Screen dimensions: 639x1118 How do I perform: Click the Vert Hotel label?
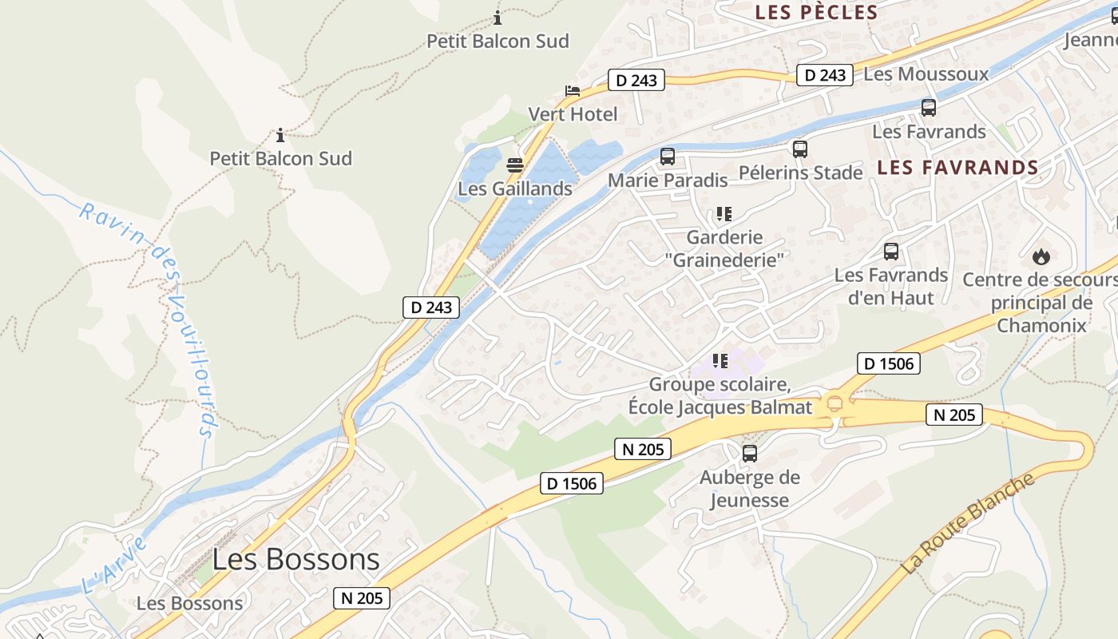[x=573, y=114]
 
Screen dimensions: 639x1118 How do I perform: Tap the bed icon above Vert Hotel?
[x=573, y=90]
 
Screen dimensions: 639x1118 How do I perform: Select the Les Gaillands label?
[x=515, y=189]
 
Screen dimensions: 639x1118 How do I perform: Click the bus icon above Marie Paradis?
[x=668, y=157]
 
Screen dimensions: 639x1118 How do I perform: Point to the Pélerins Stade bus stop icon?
[x=799, y=149]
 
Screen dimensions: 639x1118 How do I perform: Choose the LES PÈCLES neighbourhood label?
[x=816, y=13]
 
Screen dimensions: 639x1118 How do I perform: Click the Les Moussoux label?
[x=926, y=74]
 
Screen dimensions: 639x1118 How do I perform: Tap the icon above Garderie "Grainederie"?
[x=724, y=214]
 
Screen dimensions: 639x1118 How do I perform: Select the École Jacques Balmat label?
[x=720, y=407]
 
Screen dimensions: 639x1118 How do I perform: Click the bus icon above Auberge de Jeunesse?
[x=749, y=454]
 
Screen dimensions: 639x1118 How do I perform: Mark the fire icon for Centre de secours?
[x=1041, y=256]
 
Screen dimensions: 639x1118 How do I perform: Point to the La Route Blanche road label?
[x=968, y=523]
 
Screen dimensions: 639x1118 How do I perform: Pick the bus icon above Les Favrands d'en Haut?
[x=891, y=252]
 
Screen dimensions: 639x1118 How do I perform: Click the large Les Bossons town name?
[x=296, y=558]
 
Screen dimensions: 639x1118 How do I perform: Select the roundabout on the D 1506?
[x=836, y=403]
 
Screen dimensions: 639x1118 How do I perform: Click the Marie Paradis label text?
[x=668, y=181]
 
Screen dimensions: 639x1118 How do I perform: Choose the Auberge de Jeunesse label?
[x=749, y=489]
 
